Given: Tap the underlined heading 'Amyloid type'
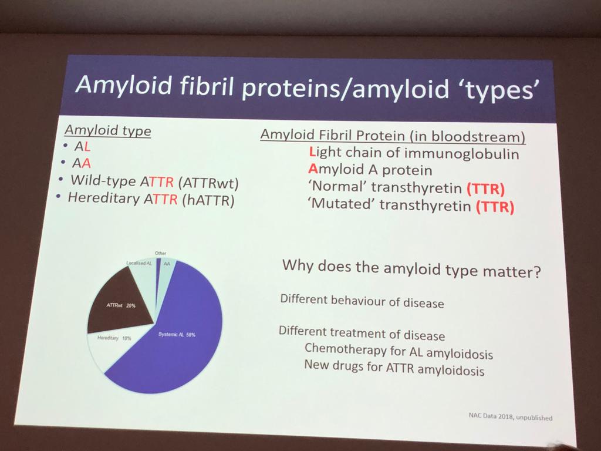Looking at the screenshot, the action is [108, 130].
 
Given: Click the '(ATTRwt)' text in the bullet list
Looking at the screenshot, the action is [208, 183].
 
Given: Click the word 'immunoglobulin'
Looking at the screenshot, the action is [461, 154].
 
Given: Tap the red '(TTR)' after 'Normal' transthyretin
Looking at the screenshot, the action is [485, 189].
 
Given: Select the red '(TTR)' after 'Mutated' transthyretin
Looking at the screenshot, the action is [495, 207].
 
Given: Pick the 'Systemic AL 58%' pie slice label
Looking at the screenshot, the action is [177, 334].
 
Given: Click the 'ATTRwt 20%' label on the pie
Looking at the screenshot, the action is [121, 305].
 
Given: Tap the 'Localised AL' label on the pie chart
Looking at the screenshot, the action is [139, 263].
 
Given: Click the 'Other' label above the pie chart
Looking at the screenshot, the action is [161, 253].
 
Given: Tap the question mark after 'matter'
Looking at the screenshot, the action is [536, 272].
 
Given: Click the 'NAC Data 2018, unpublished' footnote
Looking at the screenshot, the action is [511, 416].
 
